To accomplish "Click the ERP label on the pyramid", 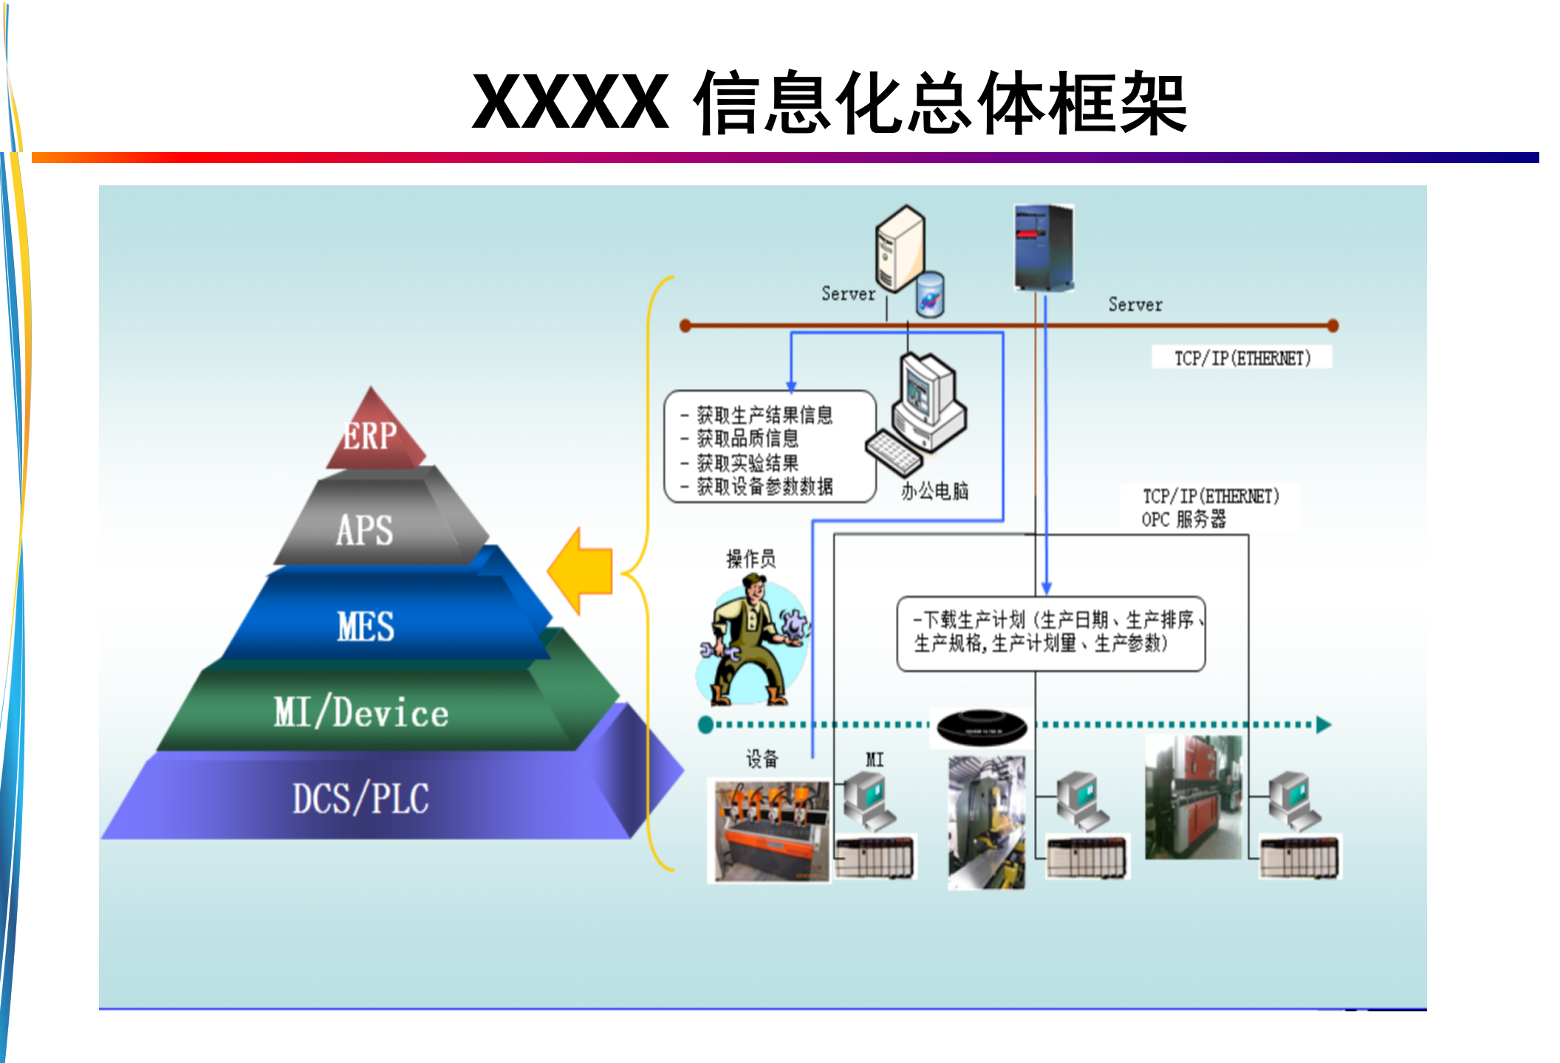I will click(370, 436).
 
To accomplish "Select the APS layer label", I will click(364, 530).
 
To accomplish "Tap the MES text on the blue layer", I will click(366, 626).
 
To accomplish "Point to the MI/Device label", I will click(361, 713).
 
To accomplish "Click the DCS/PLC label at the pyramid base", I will click(360, 799).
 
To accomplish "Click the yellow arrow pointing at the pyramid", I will click(581, 571).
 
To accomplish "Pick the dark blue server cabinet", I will click(1044, 247).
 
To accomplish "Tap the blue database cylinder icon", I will click(930, 295).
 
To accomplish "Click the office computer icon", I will click(920, 413).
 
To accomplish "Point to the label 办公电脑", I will click(934, 491).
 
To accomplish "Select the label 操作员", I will click(751, 559).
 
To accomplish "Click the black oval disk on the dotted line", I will click(982, 728).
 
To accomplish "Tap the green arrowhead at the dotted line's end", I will click(1323, 725).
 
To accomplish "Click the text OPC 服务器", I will click(1184, 520).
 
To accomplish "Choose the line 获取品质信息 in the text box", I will click(747, 438).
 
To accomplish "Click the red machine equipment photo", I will click(1193, 797).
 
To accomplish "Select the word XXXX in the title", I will click(570, 102).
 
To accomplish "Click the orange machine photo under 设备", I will click(769, 831).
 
